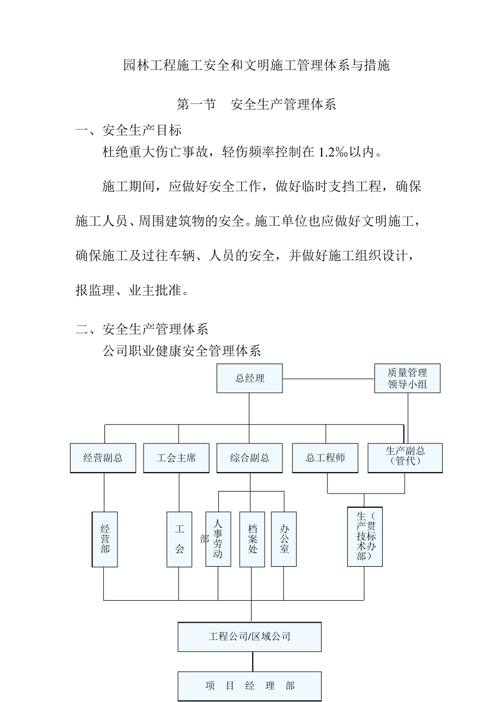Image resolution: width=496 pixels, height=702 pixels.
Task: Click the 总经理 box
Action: tap(250, 378)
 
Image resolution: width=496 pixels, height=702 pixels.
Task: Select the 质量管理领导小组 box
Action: tap(407, 379)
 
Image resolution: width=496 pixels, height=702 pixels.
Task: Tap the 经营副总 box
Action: tap(103, 458)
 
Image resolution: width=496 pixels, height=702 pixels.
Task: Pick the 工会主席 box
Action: tap(176, 458)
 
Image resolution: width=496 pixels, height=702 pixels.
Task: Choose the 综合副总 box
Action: tap(250, 458)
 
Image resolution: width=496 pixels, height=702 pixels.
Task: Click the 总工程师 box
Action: tap(325, 458)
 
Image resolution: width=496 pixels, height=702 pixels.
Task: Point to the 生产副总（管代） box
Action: tap(405, 458)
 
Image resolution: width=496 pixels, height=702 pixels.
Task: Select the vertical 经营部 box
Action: tap(105, 539)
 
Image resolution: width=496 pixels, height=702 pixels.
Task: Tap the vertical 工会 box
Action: tap(179, 539)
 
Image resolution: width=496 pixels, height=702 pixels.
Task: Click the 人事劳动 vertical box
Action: tap(218, 539)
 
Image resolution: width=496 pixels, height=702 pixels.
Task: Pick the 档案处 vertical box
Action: tap(252, 539)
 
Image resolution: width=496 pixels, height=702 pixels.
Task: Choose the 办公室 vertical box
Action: tap(284, 539)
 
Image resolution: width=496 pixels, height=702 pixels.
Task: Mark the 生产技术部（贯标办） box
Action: tap(365, 536)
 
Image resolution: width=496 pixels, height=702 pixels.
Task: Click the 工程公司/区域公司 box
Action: tap(250, 637)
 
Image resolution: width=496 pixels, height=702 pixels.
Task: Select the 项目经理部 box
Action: tap(250, 686)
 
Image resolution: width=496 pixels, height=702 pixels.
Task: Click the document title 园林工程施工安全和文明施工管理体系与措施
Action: tap(256, 66)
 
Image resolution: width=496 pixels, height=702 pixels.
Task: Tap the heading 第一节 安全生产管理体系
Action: tap(256, 104)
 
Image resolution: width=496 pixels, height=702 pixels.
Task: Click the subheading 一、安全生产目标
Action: tap(129, 130)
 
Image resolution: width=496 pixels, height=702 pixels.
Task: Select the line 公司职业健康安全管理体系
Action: tap(182, 350)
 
